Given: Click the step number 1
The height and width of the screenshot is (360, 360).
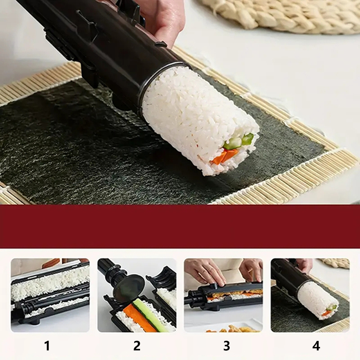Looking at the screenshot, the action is click(x=47, y=346).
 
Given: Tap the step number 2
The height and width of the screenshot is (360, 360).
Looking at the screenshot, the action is click(x=137, y=346).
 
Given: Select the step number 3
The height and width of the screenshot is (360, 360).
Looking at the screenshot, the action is click(x=226, y=346).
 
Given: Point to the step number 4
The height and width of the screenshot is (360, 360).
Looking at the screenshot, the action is click(x=316, y=346).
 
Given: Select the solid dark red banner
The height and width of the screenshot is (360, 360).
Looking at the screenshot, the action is click(x=180, y=226).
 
